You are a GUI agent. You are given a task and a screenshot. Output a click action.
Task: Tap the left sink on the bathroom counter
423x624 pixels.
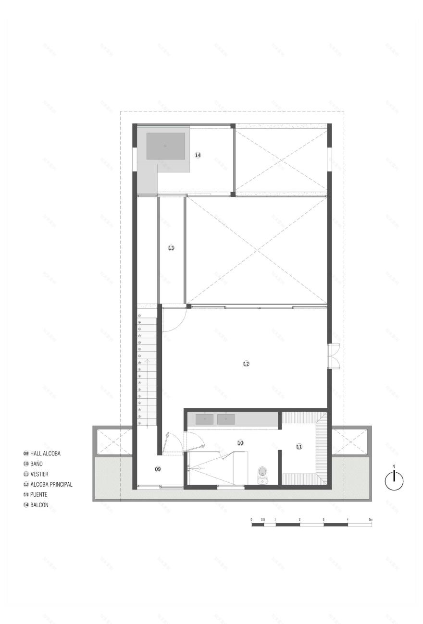(205, 419)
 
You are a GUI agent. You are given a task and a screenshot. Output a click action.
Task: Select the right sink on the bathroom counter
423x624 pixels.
(226, 419)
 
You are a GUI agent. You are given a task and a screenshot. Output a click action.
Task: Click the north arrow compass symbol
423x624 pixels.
(394, 480)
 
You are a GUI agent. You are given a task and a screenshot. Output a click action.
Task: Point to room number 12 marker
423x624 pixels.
(246, 364)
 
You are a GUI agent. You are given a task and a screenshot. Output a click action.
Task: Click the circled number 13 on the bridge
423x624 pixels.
(171, 248)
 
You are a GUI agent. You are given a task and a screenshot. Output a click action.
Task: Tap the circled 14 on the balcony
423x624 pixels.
(198, 155)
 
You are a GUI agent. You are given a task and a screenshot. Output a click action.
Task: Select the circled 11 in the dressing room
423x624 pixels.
(299, 446)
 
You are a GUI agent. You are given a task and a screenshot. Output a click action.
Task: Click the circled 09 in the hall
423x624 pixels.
(158, 468)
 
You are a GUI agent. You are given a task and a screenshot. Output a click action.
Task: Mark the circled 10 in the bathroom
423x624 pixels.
(240, 442)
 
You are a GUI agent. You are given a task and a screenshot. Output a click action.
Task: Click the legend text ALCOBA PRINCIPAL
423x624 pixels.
(51, 484)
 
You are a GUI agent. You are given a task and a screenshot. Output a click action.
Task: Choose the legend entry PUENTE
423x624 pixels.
(38, 494)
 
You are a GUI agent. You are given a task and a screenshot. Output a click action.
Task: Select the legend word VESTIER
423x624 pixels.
(39, 474)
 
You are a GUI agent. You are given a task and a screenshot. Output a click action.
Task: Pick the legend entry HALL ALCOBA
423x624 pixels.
(45, 453)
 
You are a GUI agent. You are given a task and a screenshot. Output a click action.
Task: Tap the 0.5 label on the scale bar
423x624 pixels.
(263, 520)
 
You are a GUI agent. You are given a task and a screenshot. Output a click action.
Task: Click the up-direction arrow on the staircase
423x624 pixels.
(148, 365)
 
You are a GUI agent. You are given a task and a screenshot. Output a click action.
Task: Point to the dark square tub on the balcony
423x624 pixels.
(165, 146)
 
